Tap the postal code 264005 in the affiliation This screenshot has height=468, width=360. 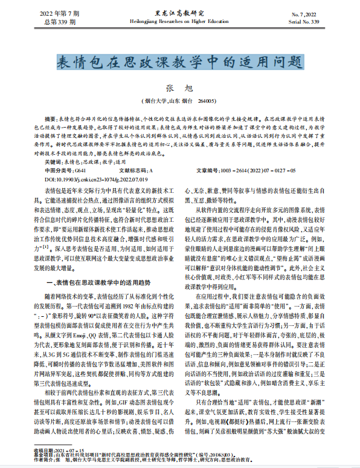(x=205, y=101)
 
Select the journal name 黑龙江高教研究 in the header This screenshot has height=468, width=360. (x=179, y=12)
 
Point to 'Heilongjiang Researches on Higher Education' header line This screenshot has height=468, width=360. (x=179, y=20)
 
